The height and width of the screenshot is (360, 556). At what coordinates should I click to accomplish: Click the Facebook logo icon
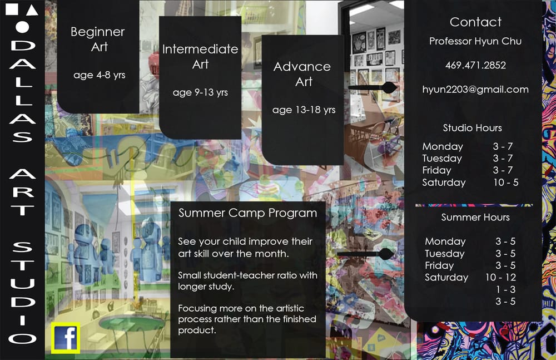66,337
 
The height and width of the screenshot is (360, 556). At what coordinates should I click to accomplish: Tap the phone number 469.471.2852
475,65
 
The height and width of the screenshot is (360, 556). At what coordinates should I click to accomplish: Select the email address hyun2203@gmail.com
475,89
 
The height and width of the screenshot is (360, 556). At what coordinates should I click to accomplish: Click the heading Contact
475,22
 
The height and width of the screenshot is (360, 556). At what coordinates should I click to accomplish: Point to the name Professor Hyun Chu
475,41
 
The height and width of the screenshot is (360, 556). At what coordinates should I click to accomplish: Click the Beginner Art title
98,39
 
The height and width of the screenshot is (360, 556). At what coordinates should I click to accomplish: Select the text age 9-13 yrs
200,92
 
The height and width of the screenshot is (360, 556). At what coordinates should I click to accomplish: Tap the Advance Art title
302,74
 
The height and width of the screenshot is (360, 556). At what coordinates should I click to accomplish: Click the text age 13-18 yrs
304,110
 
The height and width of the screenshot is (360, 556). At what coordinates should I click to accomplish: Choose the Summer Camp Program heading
247,213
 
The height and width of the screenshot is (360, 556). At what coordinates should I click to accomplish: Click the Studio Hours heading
472,128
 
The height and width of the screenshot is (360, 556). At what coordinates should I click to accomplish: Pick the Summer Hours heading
475,218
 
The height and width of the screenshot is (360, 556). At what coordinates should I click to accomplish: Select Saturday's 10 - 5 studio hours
505,183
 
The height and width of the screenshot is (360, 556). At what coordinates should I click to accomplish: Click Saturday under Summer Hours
446,277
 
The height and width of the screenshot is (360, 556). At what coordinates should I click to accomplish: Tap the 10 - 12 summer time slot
500,277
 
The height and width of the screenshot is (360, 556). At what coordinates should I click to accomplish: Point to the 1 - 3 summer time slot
505,289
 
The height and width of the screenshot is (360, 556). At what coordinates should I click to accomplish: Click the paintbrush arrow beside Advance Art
373,87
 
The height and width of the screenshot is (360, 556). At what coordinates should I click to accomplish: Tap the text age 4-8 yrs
100,75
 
